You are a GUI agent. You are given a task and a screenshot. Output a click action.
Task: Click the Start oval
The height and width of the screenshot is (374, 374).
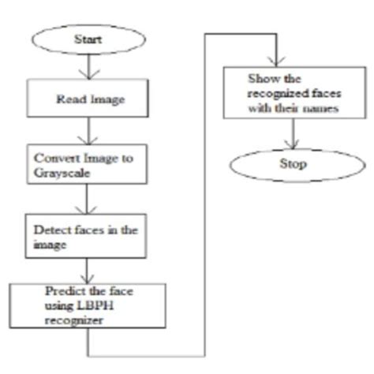(x=88, y=37)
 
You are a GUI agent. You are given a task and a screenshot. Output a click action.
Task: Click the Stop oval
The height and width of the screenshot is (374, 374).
(x=293, y=164)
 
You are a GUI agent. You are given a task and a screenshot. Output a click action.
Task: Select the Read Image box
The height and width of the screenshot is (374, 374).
(x=86, y=100)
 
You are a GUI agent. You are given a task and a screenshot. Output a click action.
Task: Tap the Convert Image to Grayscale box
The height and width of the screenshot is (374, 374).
(x=86, y=164)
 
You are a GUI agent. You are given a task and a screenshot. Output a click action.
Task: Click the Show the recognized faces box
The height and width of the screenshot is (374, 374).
(x=292, y=94)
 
